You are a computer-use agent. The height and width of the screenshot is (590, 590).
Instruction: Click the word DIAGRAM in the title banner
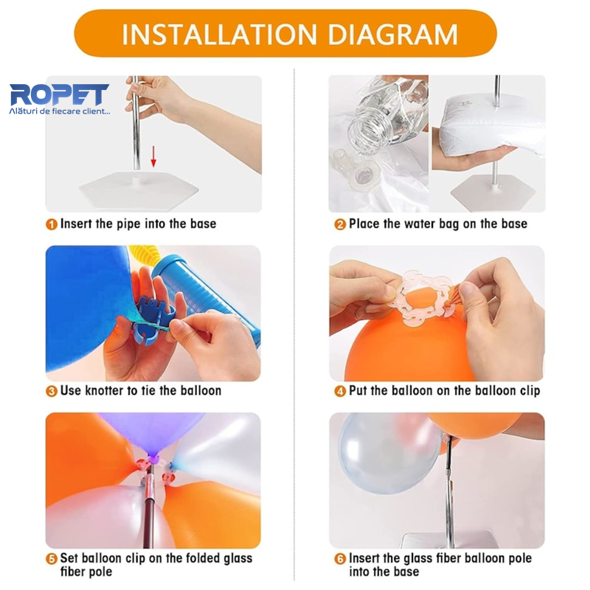click(392, 35)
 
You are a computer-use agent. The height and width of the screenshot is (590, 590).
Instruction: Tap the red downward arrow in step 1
click(153, 156)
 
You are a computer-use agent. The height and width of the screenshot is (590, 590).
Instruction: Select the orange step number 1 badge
click(52, 224)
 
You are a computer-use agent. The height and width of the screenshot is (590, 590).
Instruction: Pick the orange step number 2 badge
click(340, 224)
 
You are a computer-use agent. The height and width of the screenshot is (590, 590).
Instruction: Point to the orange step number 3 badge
click(52, 392)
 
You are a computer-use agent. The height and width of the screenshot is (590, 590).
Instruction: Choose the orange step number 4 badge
click(340, 392)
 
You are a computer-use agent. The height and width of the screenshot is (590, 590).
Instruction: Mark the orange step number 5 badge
click(52, 559)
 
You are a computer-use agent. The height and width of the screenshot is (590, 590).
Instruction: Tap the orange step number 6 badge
click(340, 559)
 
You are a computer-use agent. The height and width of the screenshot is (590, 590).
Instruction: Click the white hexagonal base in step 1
click(139, 189)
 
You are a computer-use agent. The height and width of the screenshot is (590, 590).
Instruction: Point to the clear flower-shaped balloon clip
click(426, 298)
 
